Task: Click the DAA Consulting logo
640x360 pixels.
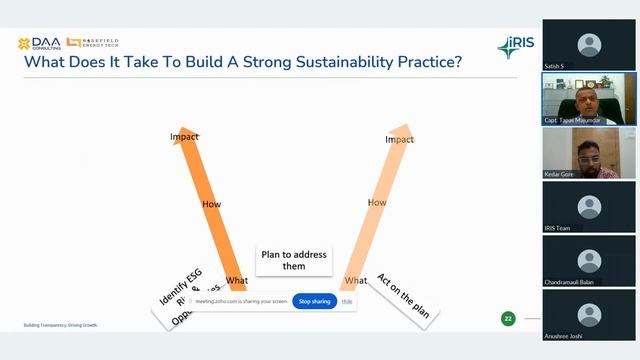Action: tap(39, 44)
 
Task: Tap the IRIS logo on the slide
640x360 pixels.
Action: tap(517, 47)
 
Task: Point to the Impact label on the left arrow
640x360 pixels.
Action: tap(184, 136)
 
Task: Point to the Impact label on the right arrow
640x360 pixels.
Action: tap(399, 139)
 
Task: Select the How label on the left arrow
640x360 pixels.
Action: tap(212, 203)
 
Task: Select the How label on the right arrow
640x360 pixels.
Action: tap(377, 202)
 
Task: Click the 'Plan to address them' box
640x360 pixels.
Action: tap(294, 260)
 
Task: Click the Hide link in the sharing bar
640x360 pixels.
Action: tap(347, 301)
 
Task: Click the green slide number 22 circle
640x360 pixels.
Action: tap(508, 318)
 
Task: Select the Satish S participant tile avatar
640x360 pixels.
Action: tap(590, 45)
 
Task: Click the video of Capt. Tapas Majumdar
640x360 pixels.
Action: tap(590, 99)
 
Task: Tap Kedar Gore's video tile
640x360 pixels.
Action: tap(590, 153)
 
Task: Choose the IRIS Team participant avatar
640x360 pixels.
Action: tap(590, 207)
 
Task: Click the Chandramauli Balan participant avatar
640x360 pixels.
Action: tap(590, 261)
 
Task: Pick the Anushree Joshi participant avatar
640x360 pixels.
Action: tap(590, 314)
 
